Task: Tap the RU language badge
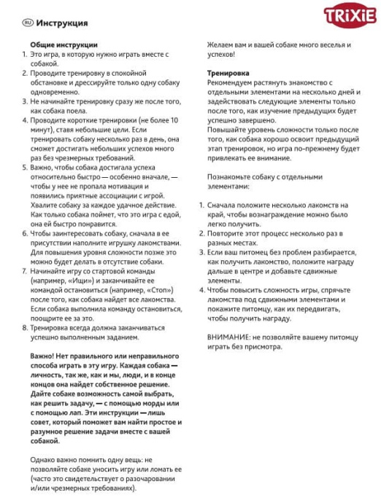point(28,23)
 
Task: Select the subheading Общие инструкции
point(60,44)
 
